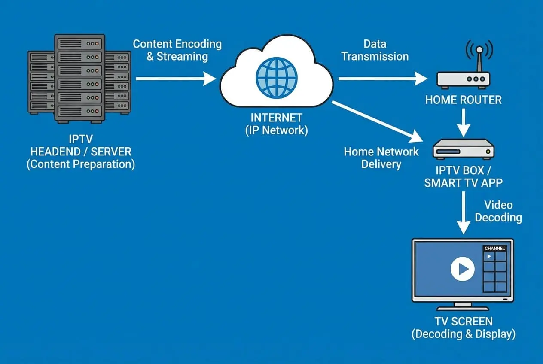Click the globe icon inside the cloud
pyautogui.click(x=276, y=78)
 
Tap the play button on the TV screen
pyautogui.click(x=462, y=269)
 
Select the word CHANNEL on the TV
pyautogui.click(x=494, y=249)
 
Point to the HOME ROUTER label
pyautogui.click(x=463, y=100)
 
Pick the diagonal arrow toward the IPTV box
pyautogui.click(x=378, y=121)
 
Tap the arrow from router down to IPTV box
pyautogui.click(x=464, y=122)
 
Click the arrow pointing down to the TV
pyautogui.click(x=464, y=212)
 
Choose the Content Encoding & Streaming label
pyautogui.click(x=177, y=50)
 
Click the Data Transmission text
pyautogui.click(x=375, y=50)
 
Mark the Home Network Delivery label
pyautogui.click(x=381, y=158)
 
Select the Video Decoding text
pyautogui.click(x=498, y=211)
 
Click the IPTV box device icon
pyautogui.click(x=463, y=149)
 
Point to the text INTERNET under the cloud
pyautogui.click(x=276, y=117)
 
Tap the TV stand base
pyautogui.click(x=462, y=307)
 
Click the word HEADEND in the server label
pyautogui.click(x=57, y=152)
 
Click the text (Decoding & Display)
pyautogui.click(x=463, y=334)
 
